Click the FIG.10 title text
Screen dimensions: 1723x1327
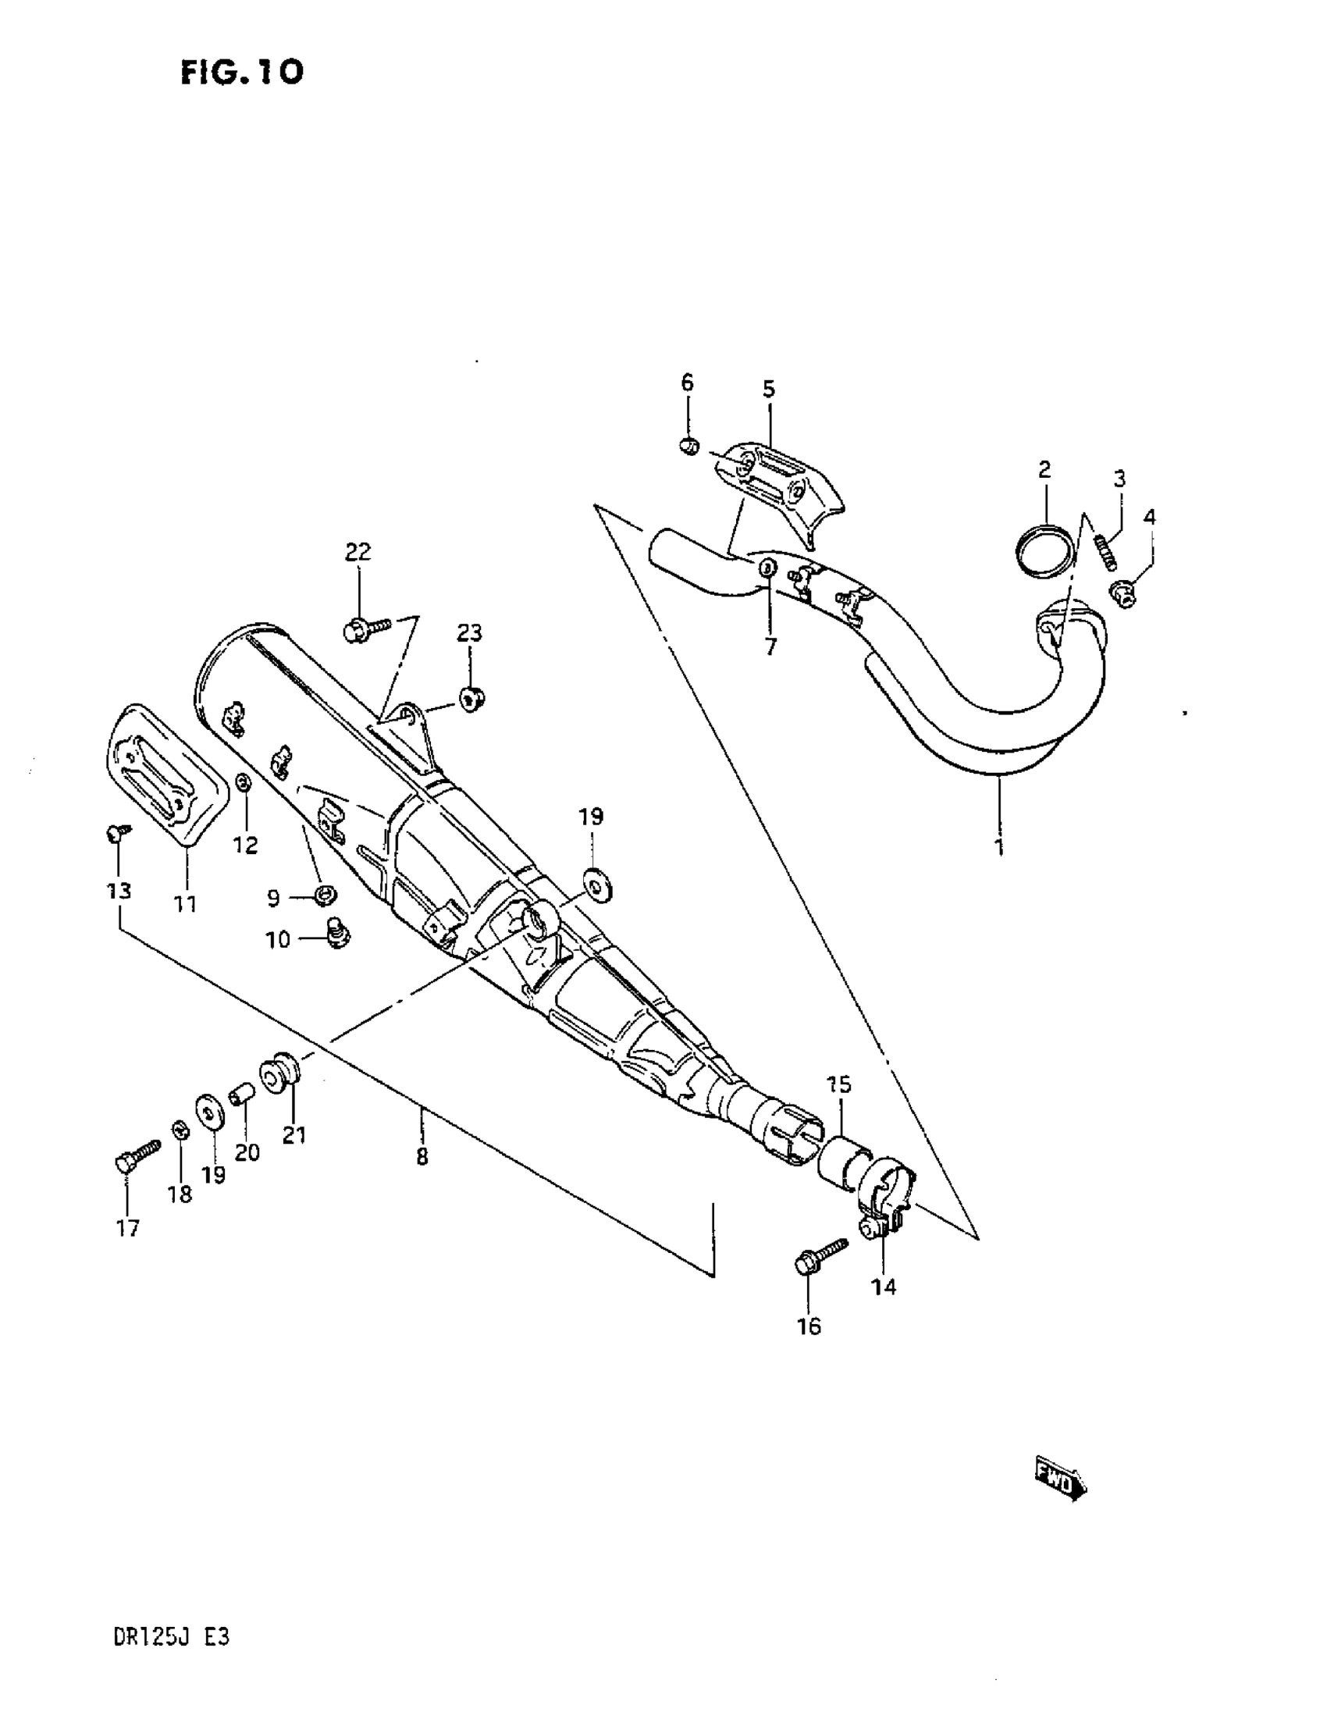241,73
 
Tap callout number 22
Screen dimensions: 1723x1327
358,551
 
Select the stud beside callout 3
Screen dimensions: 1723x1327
1107,551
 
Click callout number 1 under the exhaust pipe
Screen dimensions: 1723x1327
999,847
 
